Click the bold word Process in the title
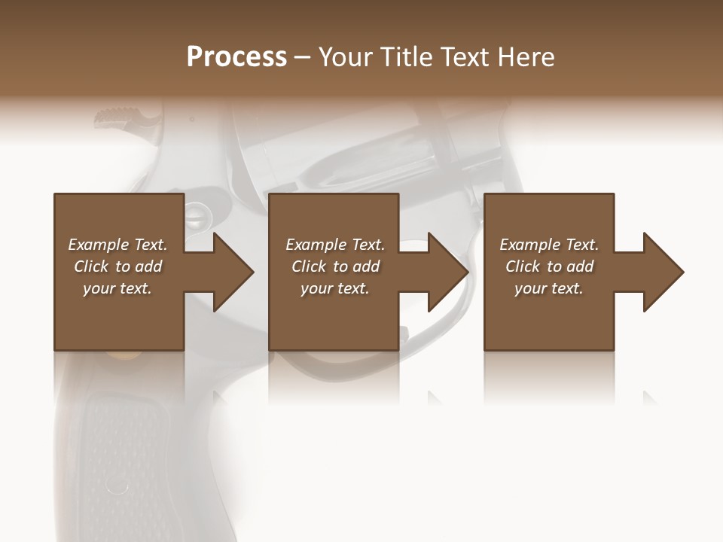pos(236,57)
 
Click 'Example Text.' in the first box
pos(117,245)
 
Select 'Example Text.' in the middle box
pos(335,245)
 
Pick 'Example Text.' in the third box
pos(549,245)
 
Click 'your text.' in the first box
pos(117,288)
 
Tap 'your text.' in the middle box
pos(335,288)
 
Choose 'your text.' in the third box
pos(549,288)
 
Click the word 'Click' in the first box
pos(91,266)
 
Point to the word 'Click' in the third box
pos(523,266)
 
